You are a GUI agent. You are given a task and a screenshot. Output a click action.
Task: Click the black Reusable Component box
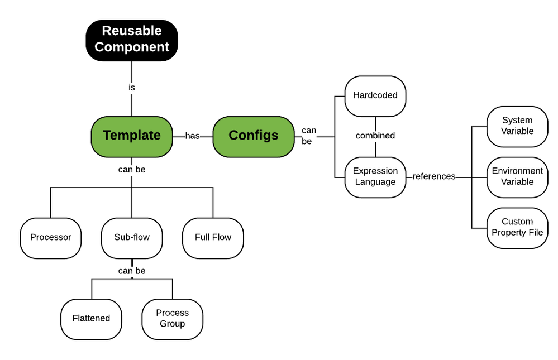[132, 40]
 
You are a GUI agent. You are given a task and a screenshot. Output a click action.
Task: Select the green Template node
[132, 136]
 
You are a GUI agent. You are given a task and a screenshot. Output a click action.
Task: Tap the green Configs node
[254, 136]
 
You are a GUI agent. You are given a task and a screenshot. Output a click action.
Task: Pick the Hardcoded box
[375, 95]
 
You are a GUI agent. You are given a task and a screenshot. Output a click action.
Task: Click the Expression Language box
[375, 176]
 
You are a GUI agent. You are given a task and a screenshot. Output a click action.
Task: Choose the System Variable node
[517, 126]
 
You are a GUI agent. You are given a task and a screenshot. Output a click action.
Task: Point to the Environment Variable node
[517, 176]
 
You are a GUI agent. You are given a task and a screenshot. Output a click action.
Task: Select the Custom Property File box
[517, 227]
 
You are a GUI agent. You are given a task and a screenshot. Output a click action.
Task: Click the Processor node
[51, 237]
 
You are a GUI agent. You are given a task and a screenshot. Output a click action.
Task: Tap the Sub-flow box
[132, 237]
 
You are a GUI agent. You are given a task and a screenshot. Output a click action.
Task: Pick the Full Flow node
[213, 237]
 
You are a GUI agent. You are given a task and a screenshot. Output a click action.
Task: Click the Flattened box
[91, 318]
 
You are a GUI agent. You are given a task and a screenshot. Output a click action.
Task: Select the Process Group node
[172, 318]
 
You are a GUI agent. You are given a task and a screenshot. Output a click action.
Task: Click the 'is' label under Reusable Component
[132, 88]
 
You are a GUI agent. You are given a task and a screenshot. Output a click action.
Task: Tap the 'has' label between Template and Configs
[193, 136]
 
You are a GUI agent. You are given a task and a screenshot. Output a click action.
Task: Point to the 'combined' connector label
[375, 136]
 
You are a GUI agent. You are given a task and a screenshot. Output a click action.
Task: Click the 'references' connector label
[434, 176]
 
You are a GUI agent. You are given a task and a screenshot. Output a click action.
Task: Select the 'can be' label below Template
[132, 169]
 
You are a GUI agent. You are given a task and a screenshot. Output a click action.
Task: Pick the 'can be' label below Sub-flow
[132, 271]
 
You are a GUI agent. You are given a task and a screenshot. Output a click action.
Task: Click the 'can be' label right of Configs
[309, 136]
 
